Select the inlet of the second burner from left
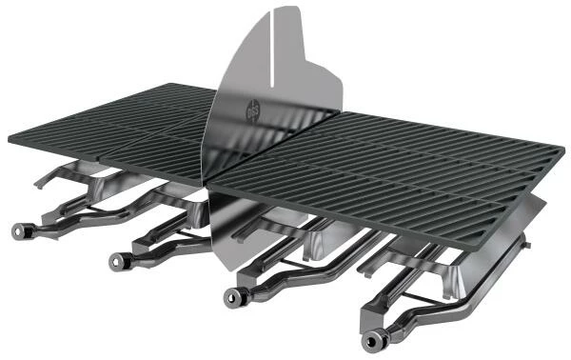[118, 258]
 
